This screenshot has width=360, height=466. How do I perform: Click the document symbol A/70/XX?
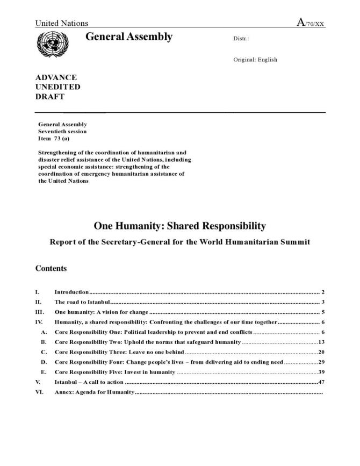pos(311,23)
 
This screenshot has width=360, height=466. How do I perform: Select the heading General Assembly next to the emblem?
pos(129,37)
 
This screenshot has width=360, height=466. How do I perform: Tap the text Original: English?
pos(255,60)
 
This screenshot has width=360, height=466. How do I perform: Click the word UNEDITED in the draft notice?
pos(58,87)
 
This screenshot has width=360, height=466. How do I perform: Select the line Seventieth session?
pos(62,131)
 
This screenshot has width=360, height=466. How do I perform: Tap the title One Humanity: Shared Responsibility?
pos(179,226)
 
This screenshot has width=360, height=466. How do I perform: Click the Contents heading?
pos(51,268)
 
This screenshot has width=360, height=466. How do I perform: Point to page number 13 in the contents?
pos(321,342)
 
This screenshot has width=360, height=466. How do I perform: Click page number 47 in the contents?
pos(321,382)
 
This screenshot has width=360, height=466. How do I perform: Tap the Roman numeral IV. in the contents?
pos(39,322)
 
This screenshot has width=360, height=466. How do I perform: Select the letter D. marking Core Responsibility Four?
pos(44,362)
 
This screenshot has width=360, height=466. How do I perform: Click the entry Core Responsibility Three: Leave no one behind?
pos(119,352)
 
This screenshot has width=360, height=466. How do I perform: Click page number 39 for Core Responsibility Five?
pos(321,372)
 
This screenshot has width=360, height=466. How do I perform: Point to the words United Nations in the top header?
pos(62,23)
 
